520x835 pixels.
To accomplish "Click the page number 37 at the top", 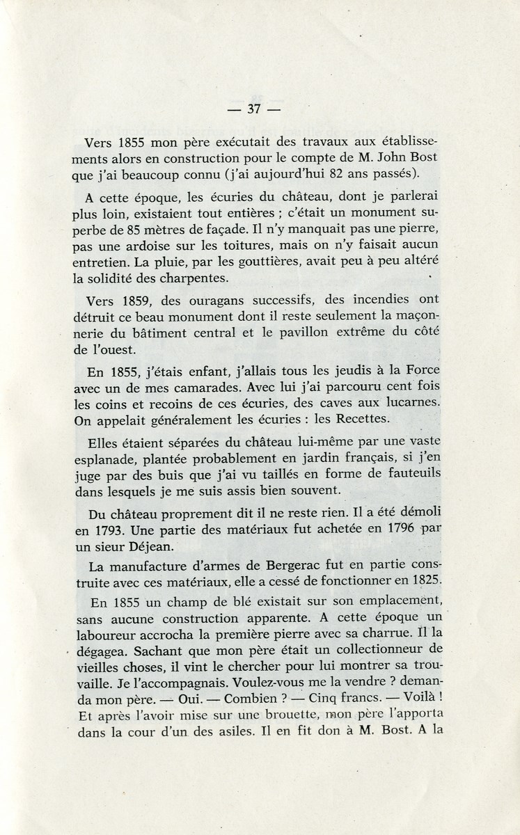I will pos(253,109).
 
